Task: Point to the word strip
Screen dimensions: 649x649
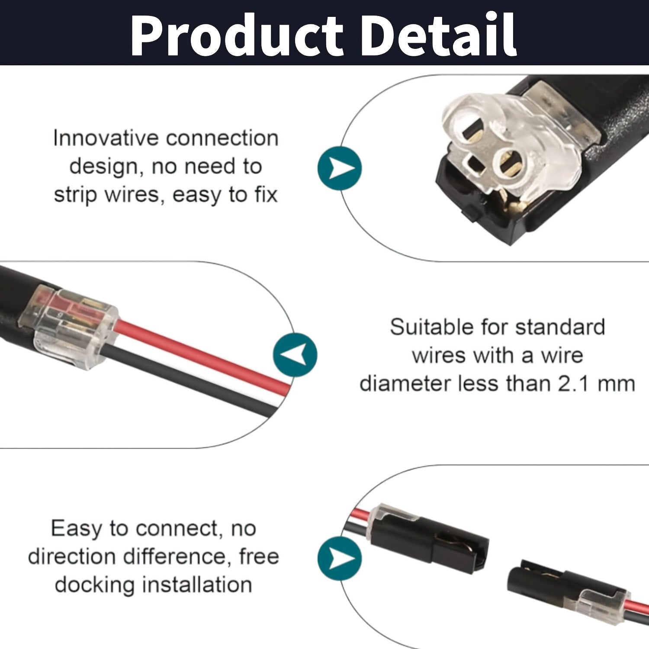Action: click(x=76, y=195)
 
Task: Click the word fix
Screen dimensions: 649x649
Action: click(x=266, y=194)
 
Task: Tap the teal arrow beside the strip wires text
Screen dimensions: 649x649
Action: click(x=340, y=168)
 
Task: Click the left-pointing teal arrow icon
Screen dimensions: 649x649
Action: click(x=295, y=355)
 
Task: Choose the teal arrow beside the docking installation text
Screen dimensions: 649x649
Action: click(x=340, y=558)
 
